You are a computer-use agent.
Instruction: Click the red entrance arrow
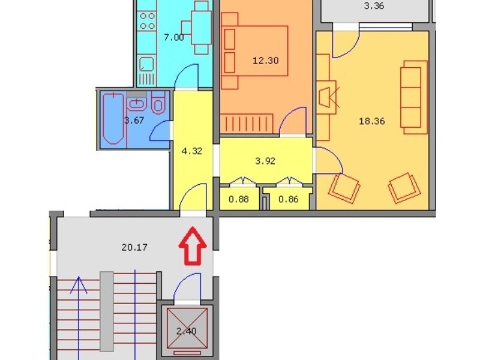pos(193,246)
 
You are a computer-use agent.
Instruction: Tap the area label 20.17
pos(134,247)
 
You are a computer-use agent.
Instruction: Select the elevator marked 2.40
pos(187,328)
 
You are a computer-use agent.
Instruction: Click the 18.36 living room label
pos(371,121)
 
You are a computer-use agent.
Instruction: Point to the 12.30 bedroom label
pos(266,61)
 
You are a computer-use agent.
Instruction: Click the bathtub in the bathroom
pos(113,119)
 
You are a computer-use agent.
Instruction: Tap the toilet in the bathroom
pos(158,103)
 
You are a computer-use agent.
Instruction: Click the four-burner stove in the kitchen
pos(147,21)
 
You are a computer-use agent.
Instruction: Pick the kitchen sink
pos(147,65)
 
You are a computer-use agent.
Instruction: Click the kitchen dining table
pos(201,28)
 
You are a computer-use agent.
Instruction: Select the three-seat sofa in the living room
pos(413,97)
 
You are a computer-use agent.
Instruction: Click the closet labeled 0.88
pos(239,199)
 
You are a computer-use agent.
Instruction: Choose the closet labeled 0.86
pos(289,199)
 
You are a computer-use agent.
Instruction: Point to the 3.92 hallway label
pos(265,161)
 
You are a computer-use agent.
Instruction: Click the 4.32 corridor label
pos(191,151)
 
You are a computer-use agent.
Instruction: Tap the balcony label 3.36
pos(374,6)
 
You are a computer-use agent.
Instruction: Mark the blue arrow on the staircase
pos(79,319)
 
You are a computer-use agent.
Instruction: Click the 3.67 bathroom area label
pos(134,121)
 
